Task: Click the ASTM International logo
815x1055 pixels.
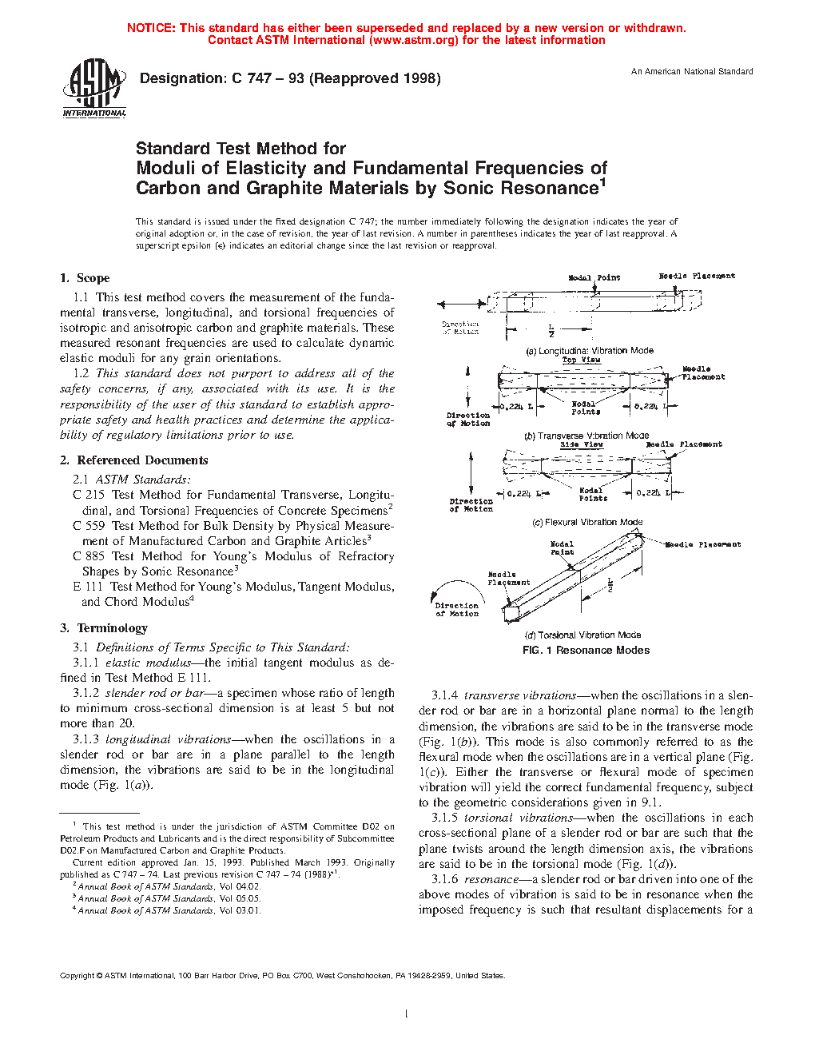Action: pyautogui.click(x=94, y=88)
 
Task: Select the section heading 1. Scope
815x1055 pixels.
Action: pyautogui.click(x=85, y=278)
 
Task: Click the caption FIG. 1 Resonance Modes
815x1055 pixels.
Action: pyautogui.click(x=586, y=651)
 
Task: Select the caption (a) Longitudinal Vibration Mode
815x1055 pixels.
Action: pyautogui.click(x=589, y=351)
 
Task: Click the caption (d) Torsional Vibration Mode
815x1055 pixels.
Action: pyautogui.click(x=583, y=635)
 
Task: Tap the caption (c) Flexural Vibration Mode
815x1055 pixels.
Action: pyautogui.click(x=587, y=523)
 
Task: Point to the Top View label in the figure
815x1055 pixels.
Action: pyautogui.click(x=581, y=360)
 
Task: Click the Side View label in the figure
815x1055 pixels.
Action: pyautogui.click(x=581, y=444)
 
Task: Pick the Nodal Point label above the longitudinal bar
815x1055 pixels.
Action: pyautogui.click(x=594, y=278)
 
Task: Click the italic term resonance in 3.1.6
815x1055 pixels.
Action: pyautogui.click(x=491, y=879)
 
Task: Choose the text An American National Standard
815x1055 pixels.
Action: pyautogui.click(x=692, y=72)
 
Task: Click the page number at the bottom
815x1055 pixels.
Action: pyautogui.click(x=407, y=1014)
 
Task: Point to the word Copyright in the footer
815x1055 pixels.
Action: pyautogui.click(x=77, y=975)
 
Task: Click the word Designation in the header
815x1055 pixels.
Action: pyautogui.click(x=183, y=78)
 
